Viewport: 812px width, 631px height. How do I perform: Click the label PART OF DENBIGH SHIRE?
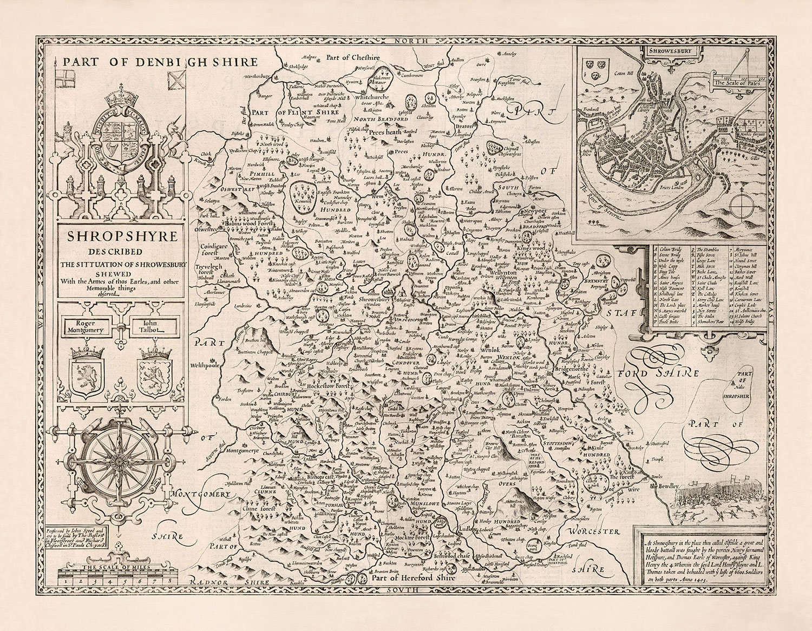pyautogui.click(x=160, y=62)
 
